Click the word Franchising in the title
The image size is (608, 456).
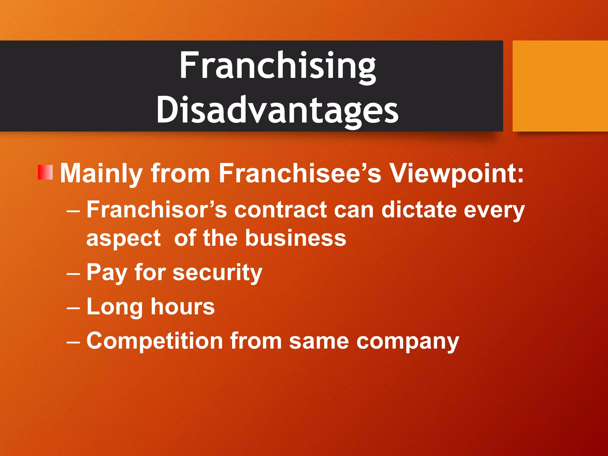[278, 66]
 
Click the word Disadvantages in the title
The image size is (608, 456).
[278, 110]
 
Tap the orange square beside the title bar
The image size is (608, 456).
[560, 86]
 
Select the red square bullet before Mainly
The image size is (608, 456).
[45, 172]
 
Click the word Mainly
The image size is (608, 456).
[101, 174]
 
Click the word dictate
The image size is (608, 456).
[419, 210]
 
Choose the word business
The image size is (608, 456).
[295, 238]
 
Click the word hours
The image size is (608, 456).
[183, 306]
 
